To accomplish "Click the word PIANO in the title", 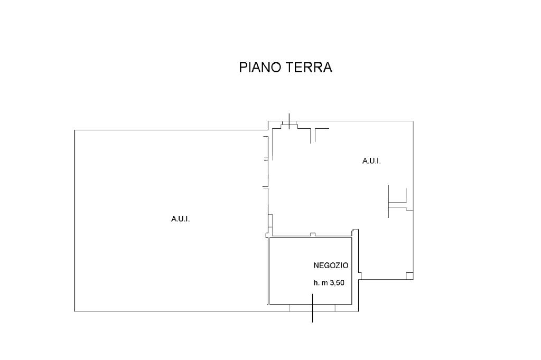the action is (x=260, y=67).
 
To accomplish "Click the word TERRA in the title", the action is (x=308, y=67).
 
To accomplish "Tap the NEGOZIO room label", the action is (x=331, y=266).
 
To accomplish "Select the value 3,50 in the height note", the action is (x=337, y=283).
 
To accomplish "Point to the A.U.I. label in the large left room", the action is (x=181, y=219).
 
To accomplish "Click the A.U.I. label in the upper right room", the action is (x=371, y=160).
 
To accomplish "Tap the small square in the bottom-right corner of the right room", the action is (x=409, y=276).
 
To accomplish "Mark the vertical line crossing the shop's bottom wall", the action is (x=313, y=308).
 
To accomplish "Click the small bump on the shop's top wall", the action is (x=313, y=235).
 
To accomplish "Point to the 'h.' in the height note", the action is (x=316, y=283).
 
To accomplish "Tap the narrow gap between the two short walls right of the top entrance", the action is (x=313, y=135).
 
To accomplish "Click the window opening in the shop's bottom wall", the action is (x=313, y=308).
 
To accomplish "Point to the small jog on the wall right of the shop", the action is (x=360, y=276).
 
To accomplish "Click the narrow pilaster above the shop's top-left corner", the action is (x=270, y=225).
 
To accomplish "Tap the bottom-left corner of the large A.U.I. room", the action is (x=75, y=312).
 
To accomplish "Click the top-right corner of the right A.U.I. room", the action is (x=413, y=121).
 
